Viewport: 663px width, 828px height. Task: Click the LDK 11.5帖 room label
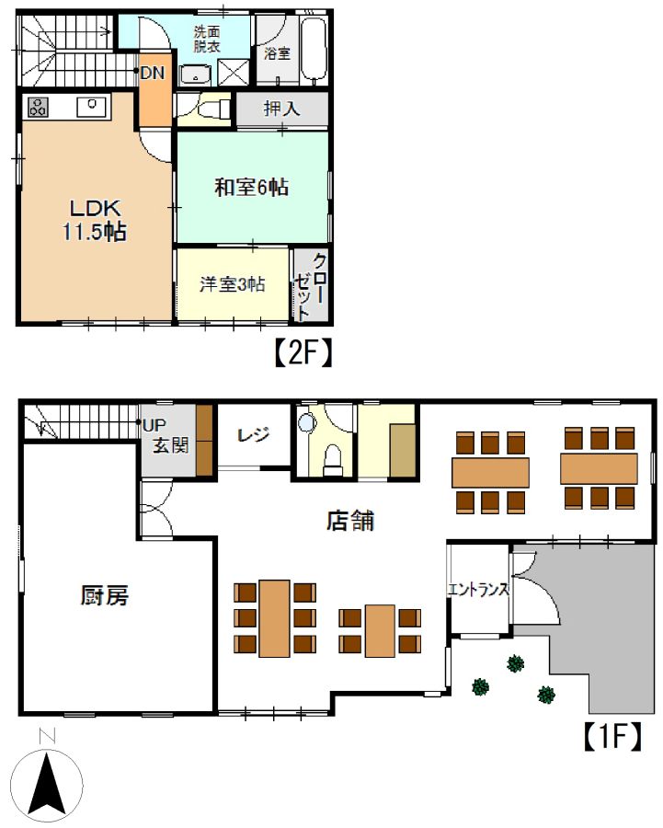[95, 220]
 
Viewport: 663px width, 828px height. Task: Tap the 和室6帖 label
[251, 187]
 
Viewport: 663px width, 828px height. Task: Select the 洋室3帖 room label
[233, 284]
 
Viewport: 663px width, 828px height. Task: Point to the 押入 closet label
[282, 109]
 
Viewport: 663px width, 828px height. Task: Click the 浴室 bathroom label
[277, 52]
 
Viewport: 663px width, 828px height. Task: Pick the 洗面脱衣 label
[207, 39]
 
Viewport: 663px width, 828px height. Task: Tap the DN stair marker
[153, 73]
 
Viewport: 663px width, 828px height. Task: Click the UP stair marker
[155, 424]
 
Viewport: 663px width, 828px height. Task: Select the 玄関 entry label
[170, 445]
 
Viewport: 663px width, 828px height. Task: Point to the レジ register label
[254, 435]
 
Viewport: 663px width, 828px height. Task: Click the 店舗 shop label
[350, 521]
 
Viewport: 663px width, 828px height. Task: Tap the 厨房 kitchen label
[105, 595]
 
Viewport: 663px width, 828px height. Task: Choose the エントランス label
[478, 589]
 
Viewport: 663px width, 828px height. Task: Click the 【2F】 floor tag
[303, 353]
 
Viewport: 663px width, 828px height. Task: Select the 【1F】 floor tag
[612, 736]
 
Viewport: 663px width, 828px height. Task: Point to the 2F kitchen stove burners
[38, 108]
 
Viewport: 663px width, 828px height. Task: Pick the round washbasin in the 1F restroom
[307, 423]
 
